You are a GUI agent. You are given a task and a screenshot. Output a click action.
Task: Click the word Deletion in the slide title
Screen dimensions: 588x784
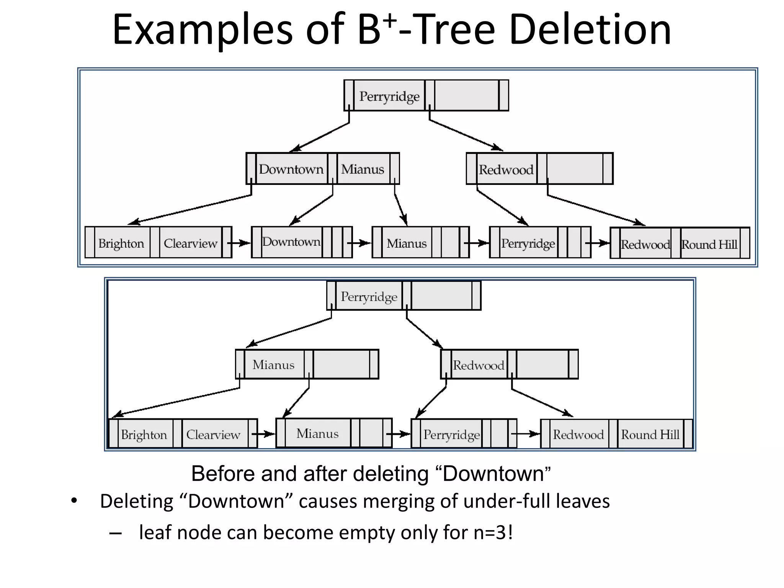pos(590,30)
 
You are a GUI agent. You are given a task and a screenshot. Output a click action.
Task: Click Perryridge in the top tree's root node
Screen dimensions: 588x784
pos(389,96)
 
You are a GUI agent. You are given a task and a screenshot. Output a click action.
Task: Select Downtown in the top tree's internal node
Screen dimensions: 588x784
pos(291,169)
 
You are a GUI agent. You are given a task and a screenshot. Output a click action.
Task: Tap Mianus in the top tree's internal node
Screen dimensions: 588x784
pos(362,169)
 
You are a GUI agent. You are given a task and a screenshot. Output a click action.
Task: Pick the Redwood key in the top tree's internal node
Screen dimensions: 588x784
pos(506,170)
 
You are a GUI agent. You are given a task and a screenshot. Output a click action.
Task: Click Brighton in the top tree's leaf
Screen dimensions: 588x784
pos(121,243)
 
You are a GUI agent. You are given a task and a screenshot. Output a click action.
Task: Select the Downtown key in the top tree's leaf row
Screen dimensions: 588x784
pos(291,242)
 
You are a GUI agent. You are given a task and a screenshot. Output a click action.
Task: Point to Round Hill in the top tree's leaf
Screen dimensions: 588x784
pos(709,244)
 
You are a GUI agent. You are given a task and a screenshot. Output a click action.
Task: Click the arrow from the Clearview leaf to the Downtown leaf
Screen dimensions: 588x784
pos(239,243)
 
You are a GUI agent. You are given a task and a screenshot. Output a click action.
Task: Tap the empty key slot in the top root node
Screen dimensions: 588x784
pos(466,96)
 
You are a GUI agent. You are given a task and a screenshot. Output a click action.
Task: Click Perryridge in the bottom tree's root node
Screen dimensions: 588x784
pos(369,297)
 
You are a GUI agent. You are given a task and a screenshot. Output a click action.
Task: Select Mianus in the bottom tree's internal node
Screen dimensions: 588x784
pos(273,364)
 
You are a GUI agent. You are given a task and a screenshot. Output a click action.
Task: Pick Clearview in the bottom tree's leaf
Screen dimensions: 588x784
pos(213,434)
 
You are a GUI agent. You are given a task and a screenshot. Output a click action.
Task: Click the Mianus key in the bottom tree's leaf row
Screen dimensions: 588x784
pos(317,433)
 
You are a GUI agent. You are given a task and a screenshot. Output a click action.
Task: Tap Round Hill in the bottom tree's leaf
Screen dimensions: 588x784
pos(650,434)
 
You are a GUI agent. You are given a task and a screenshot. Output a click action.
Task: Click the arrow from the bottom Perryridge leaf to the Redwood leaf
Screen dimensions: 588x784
pos(525,434)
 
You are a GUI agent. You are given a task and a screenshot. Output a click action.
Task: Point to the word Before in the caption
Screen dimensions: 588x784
pos(222,474)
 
